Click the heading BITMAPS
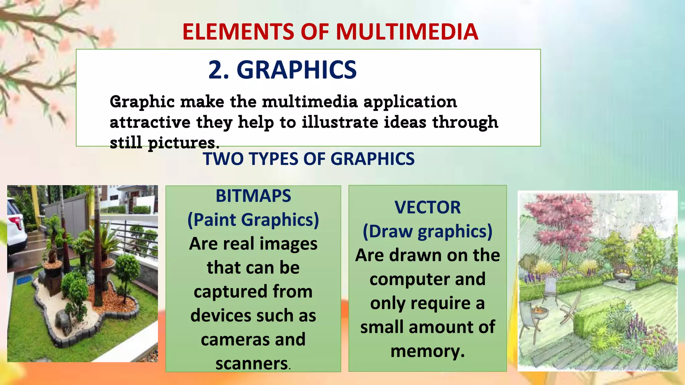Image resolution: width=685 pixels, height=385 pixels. click(x=253, y=196)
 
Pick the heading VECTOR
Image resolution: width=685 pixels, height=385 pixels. click(x=427, y=208)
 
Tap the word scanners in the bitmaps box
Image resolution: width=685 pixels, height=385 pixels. click(x=252, y=364)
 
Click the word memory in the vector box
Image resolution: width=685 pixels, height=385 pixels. click(x=427, y=351)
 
